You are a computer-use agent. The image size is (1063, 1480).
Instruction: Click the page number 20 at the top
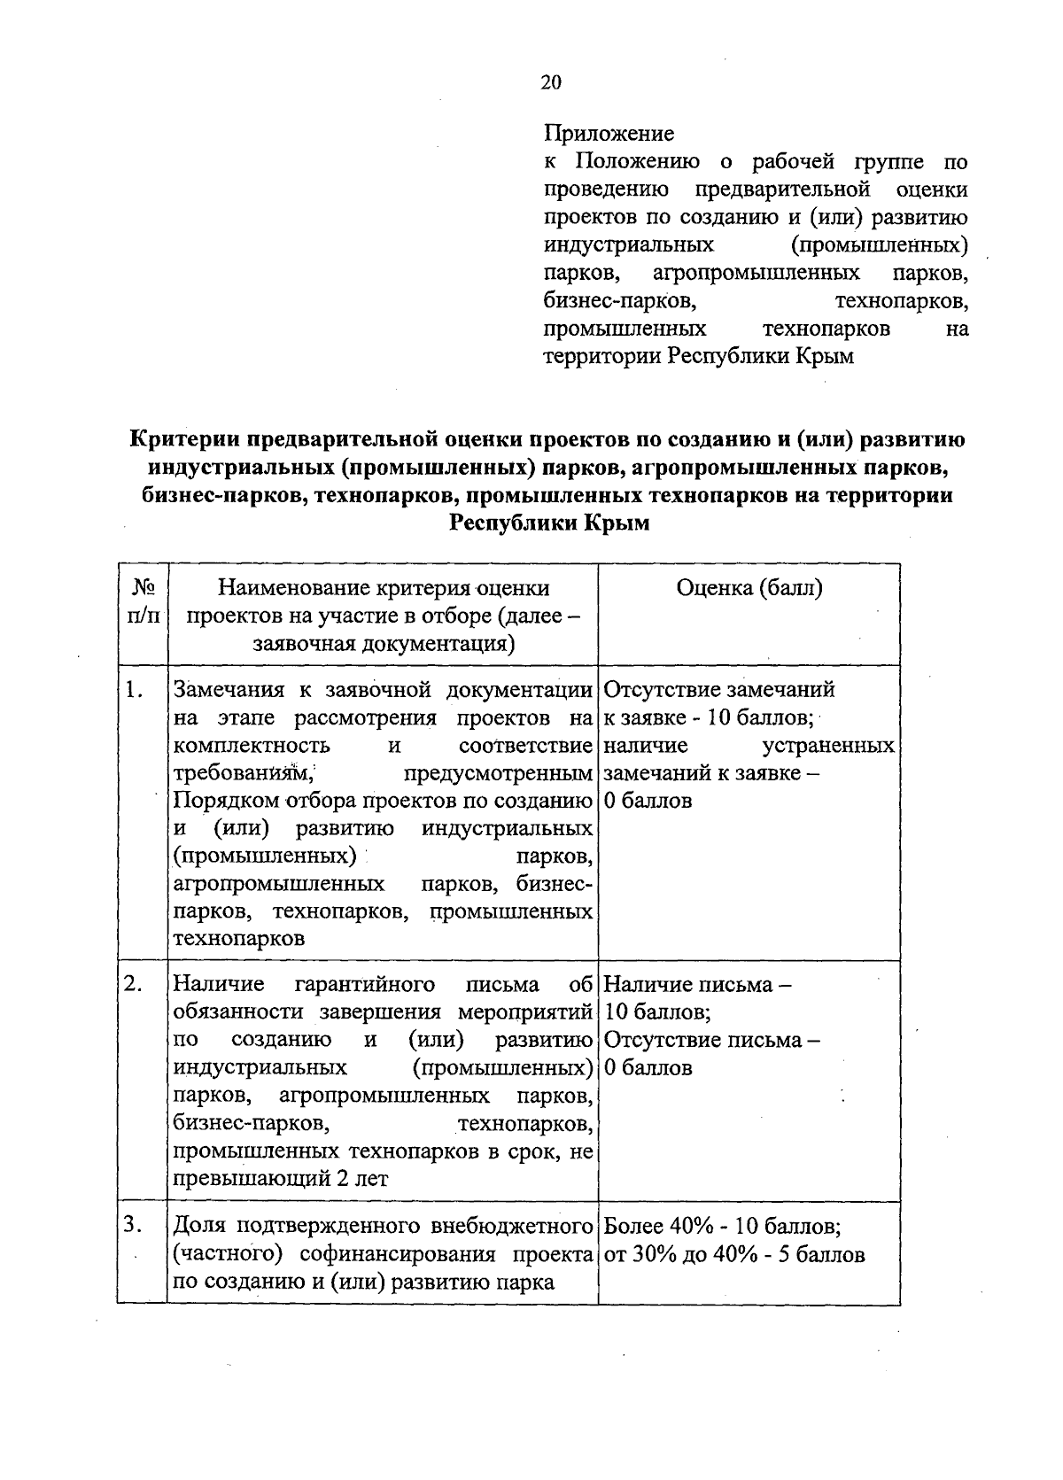click(x=550, y=82)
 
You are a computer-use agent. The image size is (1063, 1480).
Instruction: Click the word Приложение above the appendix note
click(x=609, y=134)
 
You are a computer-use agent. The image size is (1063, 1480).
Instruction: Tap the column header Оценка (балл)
click(x=749, y=588)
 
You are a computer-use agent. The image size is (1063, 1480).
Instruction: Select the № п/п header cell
click(x=142, y=601)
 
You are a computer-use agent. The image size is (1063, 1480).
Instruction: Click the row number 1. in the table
click(x=134, y=689)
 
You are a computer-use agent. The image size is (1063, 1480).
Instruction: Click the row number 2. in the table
click(x=134, y=984)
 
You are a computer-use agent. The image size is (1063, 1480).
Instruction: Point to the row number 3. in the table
click(x=134, y=1226)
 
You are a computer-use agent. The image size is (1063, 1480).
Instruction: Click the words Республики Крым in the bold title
click(x=549, y=523)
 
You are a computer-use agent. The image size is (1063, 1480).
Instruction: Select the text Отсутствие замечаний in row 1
click(x=719, y=689)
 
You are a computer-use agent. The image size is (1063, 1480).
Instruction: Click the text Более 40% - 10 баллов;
click(x=722, y=1227)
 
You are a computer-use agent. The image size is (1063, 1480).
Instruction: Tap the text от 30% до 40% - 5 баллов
click(x=734, y=1255)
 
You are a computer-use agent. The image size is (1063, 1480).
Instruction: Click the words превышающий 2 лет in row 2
click(x=281, y=1179)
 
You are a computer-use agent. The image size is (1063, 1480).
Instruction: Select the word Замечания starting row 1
click(x=229, y=689)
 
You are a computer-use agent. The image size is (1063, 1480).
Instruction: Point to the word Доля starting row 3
click(x=198, y=1227)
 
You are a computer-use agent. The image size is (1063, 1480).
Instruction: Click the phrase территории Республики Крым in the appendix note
click(x=698, y=357)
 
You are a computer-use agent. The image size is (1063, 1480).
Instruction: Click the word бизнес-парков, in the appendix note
click(x=620, y=301)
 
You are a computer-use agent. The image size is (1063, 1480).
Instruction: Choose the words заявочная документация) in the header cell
click(x=384, y=644)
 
